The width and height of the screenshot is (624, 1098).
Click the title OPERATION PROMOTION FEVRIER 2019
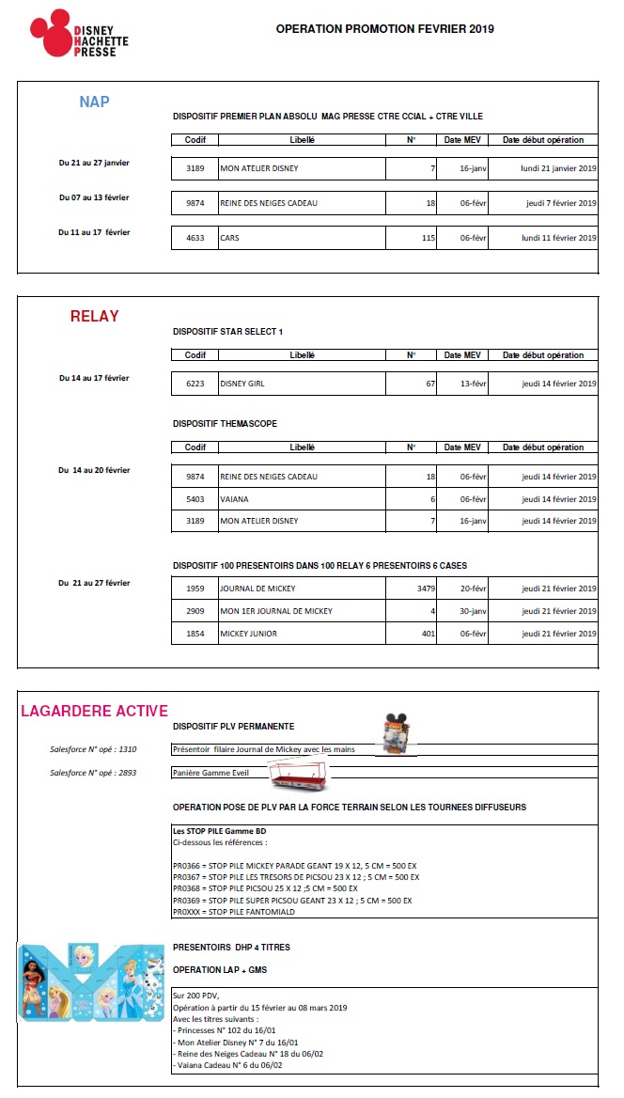tap(384, 29)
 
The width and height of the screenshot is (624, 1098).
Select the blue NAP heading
tap(94, 102)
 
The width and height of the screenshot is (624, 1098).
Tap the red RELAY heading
tap(95, 317)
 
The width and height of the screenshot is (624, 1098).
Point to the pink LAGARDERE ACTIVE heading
tap(94, 711)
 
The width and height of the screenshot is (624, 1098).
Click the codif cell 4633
tap(195, 238)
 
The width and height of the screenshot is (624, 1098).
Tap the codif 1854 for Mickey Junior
tap(195, 634)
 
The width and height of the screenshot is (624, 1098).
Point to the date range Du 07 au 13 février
tap(94, 196)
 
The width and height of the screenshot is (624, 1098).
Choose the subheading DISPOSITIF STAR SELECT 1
tap(227, 332)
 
